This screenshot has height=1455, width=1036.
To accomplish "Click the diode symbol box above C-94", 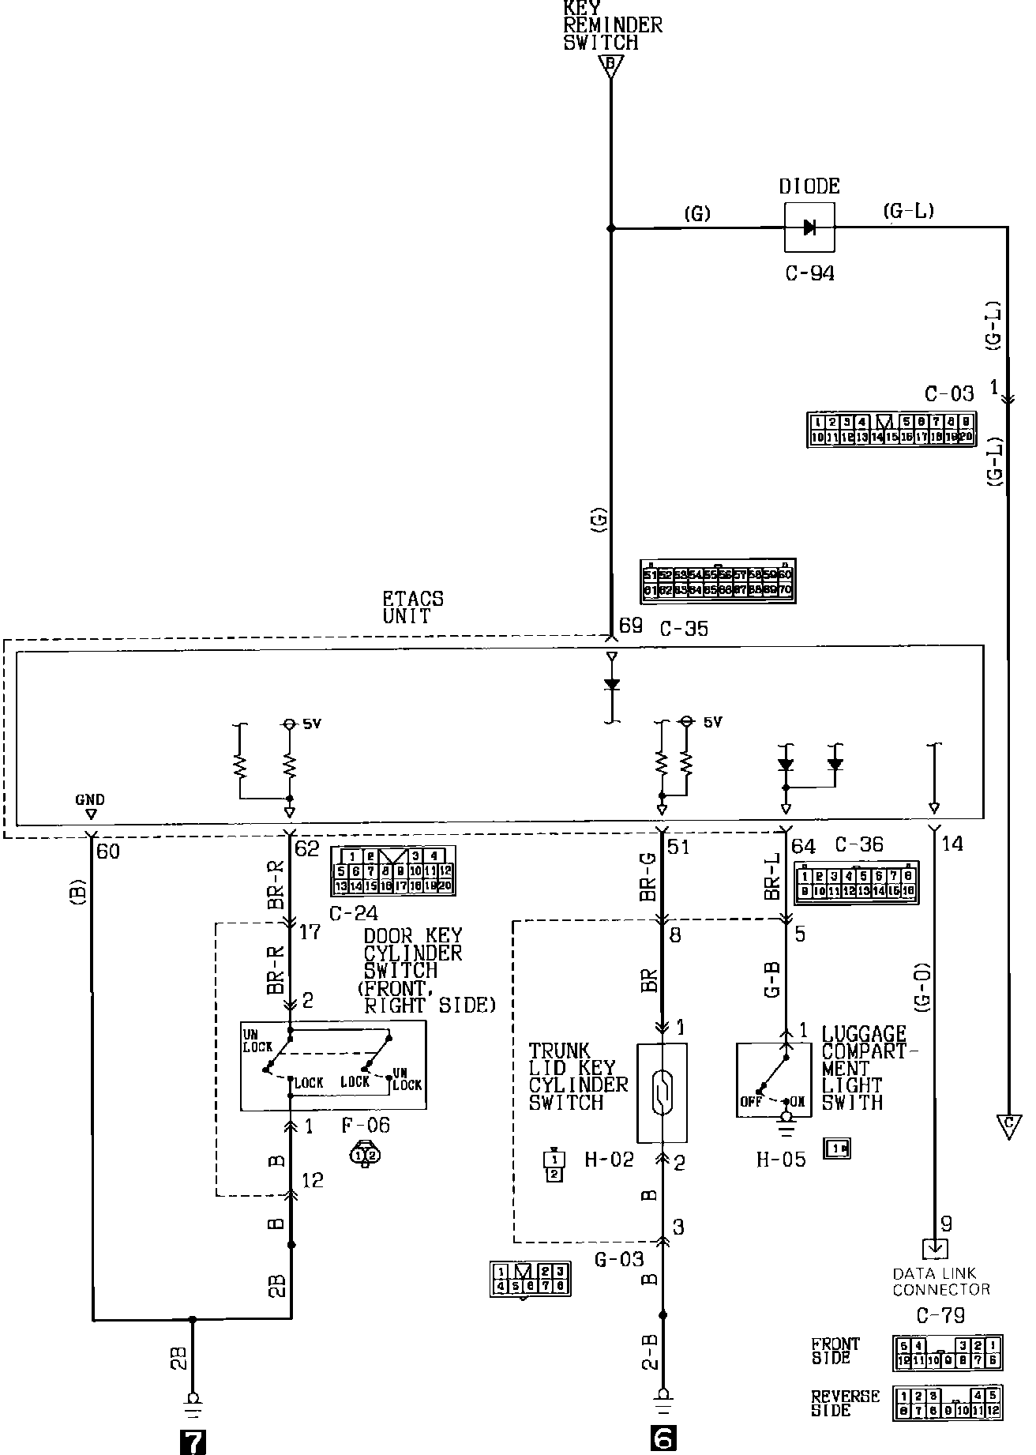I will click(809, 227).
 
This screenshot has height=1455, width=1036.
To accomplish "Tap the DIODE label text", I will click(809, 187).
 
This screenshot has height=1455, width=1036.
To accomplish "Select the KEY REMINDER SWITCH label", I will click(612, 25).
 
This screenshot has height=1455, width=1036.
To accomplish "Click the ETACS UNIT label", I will click(413, 607).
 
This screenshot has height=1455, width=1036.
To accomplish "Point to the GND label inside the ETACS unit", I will click(90, 799).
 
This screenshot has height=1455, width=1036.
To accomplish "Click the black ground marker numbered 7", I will click(193, 1442).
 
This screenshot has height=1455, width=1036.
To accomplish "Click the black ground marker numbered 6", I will click(663, 1439).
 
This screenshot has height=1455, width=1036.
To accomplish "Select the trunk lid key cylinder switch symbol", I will click(662, 1092).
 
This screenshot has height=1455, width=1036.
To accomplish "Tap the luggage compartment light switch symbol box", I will click(773, 1079).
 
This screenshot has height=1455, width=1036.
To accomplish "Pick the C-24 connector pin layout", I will click(393, 870).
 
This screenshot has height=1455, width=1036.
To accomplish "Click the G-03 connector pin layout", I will click(529, 1279).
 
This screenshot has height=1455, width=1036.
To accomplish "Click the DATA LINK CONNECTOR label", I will click(940, 1281).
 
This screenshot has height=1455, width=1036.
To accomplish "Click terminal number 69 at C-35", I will click(630, 627).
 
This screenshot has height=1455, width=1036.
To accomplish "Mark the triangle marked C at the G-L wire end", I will click(1008, 1126).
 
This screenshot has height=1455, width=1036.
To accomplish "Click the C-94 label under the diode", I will click(809, 274).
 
